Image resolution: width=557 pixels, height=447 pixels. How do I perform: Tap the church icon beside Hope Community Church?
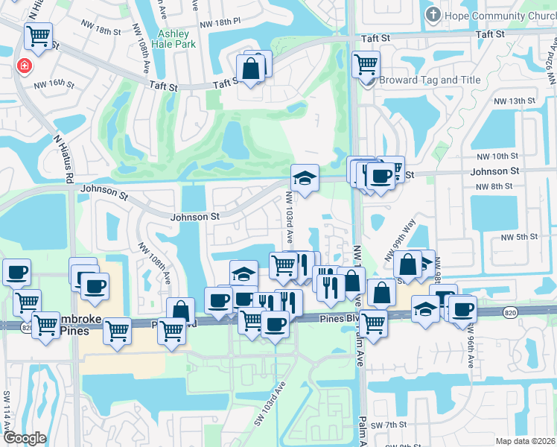[x=432, y=14]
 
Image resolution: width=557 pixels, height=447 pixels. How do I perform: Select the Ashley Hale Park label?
[x=173, y=39]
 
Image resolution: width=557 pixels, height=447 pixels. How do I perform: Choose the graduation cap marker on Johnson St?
[x=305, y=179]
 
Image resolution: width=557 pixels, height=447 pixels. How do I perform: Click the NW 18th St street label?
[x=103, y=31]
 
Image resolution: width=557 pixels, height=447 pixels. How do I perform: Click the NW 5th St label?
[x=519, y=236]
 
